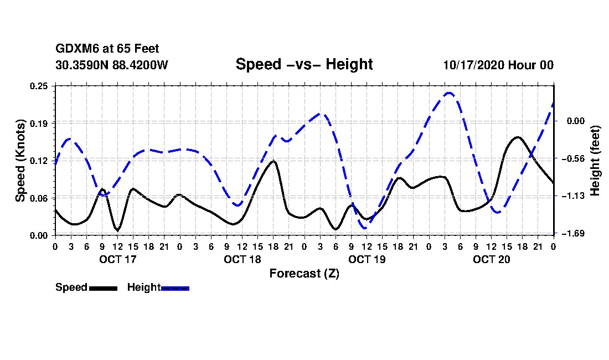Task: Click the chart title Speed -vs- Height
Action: point(304,64)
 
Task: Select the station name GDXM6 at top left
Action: point(76,49)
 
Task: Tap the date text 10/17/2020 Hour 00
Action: point(498,65)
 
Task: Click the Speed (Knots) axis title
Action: point(20,160)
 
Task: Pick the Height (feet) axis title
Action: point(595,161)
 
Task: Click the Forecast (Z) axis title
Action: point(304,273)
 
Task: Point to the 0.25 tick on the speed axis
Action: point(39,86)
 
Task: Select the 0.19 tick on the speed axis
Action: point(39,123)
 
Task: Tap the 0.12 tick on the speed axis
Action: point(39,161)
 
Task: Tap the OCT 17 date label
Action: point(117,259)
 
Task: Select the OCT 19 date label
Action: point(367,259)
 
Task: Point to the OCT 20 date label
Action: point(491,259)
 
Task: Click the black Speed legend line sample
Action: point(102,288)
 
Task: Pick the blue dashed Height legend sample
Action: point(175,288)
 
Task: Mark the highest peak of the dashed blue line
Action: point(449,93)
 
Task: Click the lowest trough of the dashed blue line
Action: point(365,228)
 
